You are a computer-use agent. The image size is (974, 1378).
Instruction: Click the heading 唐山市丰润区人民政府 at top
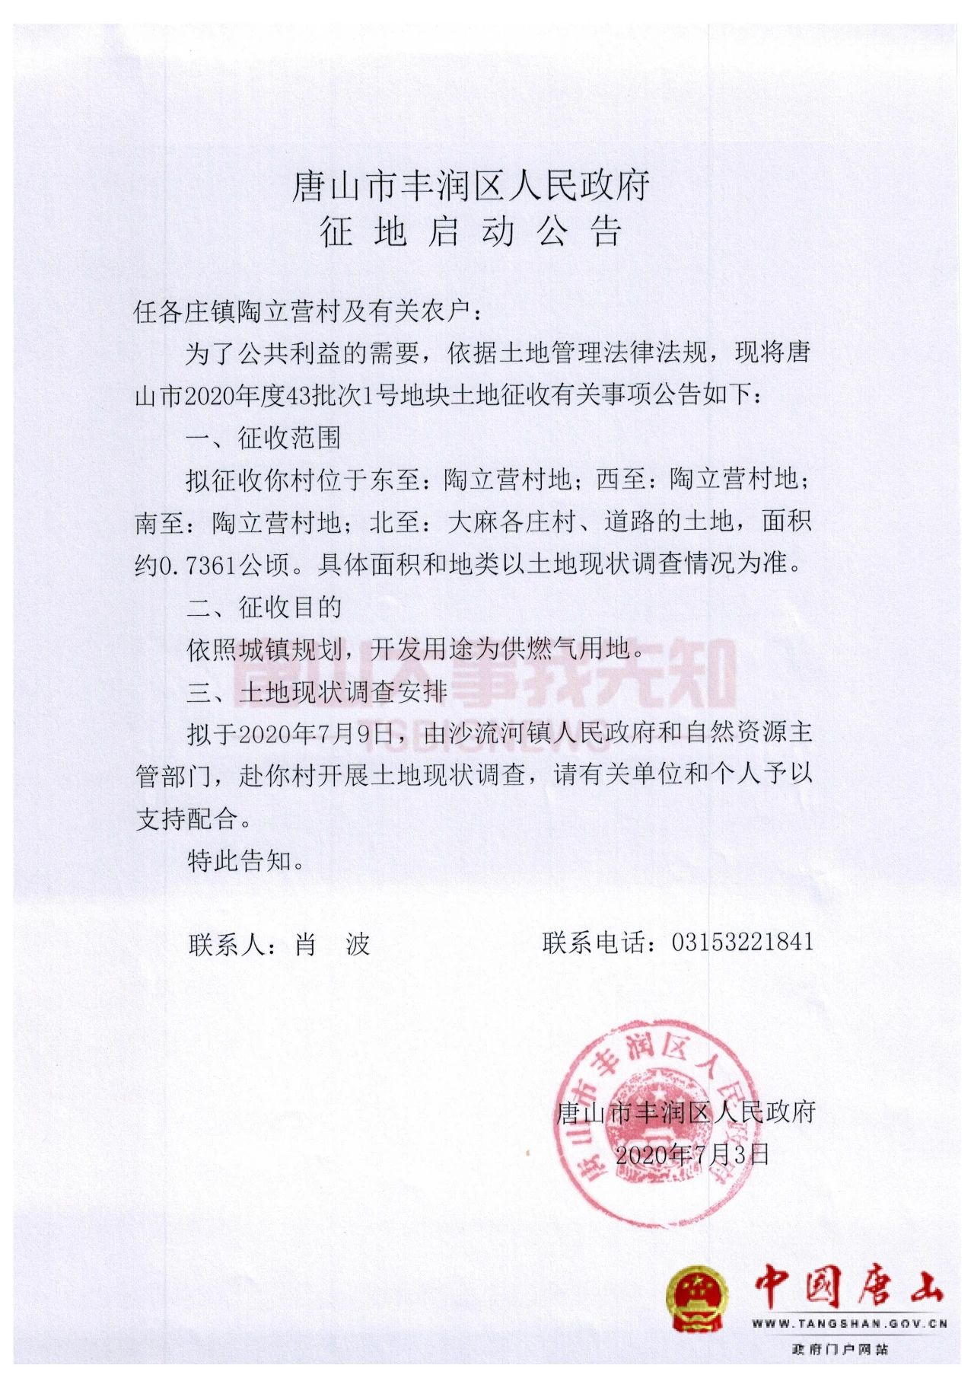471,187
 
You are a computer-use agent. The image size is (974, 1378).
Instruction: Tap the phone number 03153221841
742,942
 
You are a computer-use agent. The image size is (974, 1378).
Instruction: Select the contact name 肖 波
332,945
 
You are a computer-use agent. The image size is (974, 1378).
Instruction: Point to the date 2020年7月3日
692,1154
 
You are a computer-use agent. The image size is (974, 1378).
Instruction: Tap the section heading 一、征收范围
263,438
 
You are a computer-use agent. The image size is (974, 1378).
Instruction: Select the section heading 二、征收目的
263,607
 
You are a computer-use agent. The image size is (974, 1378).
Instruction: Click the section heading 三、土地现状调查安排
317,691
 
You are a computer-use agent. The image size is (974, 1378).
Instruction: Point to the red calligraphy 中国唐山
849,1287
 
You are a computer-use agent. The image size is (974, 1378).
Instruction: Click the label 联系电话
596,943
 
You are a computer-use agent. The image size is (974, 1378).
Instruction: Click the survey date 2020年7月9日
316,734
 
